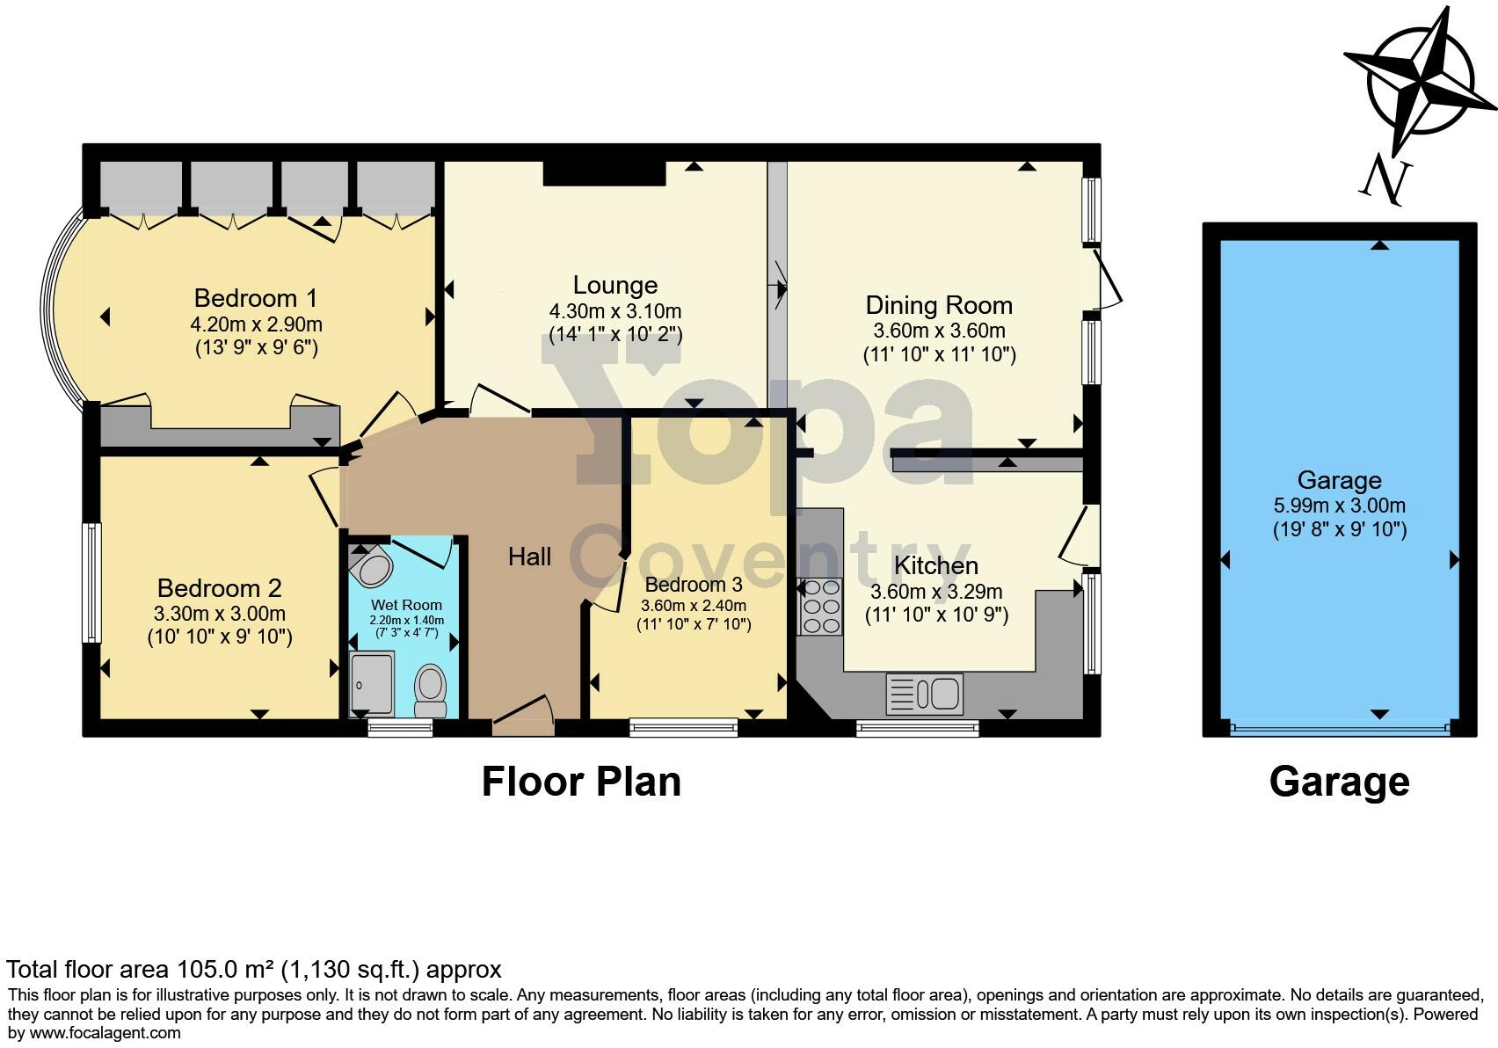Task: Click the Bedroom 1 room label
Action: click(x=255, y=297)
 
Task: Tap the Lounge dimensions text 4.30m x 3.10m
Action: click(x=614, y=311)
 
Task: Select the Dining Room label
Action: click(x=939, y=305)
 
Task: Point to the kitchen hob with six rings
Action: click(x=820, y=607)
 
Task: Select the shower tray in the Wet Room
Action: click(x=371, y=684)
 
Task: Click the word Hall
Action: click(x=529, y=557)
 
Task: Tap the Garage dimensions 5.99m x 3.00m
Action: click(x=1339, y=506)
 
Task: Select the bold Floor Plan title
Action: click(x=581, y=782)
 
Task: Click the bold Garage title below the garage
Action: click(x=1339, y=782)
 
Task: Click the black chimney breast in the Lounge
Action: click(x=604, y=173)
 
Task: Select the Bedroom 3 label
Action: click(x=693, y=585)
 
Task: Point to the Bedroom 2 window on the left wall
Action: click(x=91, y=583)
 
